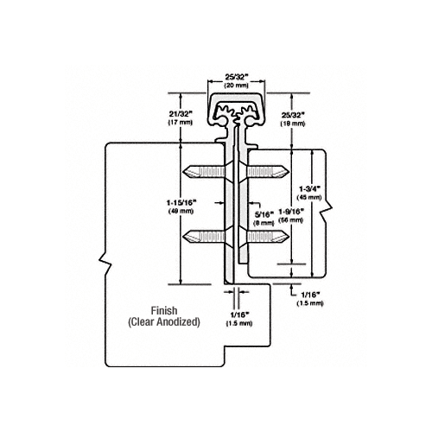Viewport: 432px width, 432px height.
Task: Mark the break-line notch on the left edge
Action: click(x=105, y=258)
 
